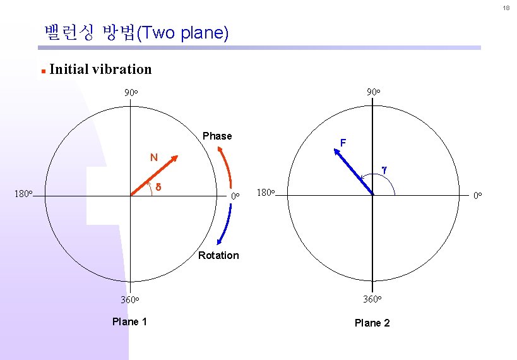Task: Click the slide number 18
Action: [x=506, y=8]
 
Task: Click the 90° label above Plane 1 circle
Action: [x=131, y=93]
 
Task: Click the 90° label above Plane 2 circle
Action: [x=373, y=93]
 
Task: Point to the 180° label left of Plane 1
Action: [x=22, y=193]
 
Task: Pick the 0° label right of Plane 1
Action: [x=234, y=196]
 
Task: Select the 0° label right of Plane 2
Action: [x=478, y=196]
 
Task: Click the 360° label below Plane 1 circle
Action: [x=129, y=299]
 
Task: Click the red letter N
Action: [x=153, y=157]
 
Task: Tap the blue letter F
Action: [x=343, y=143]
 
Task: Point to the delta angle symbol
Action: [x=158, y=188]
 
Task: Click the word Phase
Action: [x=217, y=136]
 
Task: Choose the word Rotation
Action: [x=218, y=255]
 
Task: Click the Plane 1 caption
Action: [x=129, y=321]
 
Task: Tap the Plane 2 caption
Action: [x=372, y=323]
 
